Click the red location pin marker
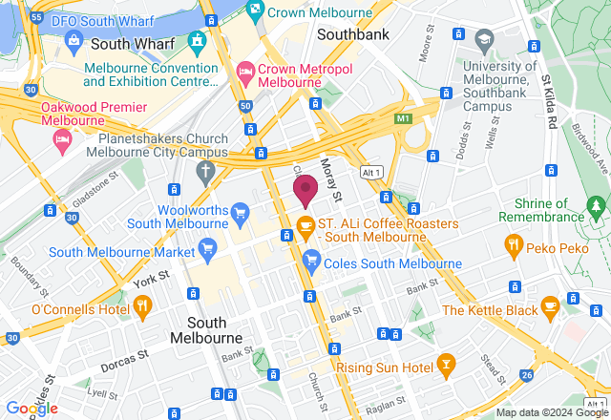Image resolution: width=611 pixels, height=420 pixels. pyautogui.click(x=305, y=189)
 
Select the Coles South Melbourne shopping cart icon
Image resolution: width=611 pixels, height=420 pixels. pyautogui.click(x=311, y=260)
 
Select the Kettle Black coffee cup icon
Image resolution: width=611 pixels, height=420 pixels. pyautogui.click(x=549, y=305)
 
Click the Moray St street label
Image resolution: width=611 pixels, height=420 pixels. pyautogui.click(x=330, y=179)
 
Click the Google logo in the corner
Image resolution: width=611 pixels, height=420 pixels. pyautogui.click(x=31, y=408)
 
